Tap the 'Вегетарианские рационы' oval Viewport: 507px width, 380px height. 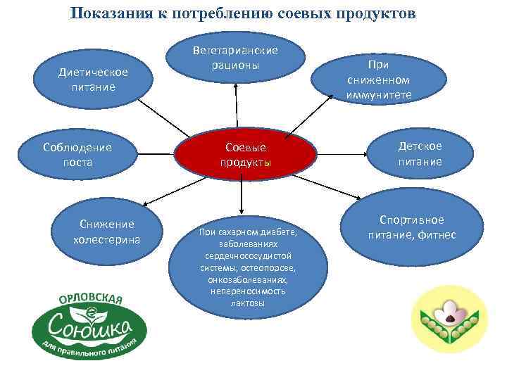(235, 57)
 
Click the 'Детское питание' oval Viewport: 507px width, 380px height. (419, 153)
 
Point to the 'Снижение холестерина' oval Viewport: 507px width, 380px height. (106, 232)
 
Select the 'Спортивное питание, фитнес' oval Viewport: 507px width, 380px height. (412, 227)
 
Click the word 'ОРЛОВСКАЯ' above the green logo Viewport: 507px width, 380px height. (89, 298)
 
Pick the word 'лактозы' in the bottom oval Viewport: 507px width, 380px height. (247, 303)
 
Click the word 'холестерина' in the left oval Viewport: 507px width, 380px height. (106, 239)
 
